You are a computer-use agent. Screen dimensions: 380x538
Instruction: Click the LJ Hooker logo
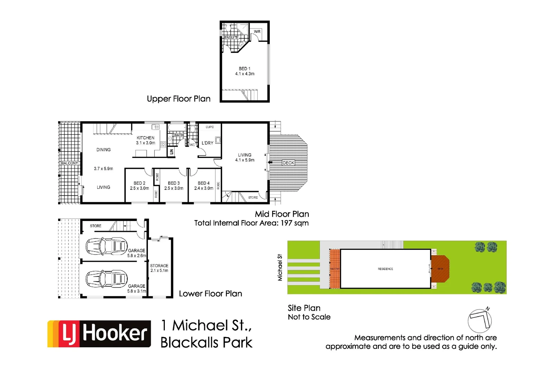(x=99, y=334)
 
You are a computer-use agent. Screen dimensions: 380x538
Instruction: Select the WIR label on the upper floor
(x=257, y=32)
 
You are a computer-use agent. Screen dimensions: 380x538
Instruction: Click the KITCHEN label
(x=145, y=138)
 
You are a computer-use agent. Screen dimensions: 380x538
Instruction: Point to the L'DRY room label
(x=207, y=143)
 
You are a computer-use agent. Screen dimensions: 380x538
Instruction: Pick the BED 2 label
(x=139, y=183)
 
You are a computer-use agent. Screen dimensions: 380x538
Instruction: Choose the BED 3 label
(x=174, y=183)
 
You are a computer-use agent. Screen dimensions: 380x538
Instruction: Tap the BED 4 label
(x=204, y=183)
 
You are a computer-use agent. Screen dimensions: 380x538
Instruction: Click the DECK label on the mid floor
(x=288, y=163)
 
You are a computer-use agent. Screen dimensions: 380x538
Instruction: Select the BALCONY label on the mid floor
(x=69, y=163)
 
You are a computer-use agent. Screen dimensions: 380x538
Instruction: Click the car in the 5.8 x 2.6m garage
(x=106, y=246)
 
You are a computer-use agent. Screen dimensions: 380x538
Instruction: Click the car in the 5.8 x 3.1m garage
(x=106, y=279)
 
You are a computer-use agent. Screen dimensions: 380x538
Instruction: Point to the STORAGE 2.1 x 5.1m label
(x=159, y=268)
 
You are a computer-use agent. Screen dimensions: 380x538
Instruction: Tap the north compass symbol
(x=480, y=321)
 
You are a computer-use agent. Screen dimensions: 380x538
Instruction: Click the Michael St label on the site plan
(x=280, y=267)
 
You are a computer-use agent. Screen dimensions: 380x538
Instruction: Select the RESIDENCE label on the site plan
(x=385, y=269)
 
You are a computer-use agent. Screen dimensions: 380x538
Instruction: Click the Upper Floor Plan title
(x=179, y=99)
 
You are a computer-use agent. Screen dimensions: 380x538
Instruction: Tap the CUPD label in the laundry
(x=209, y=127)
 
